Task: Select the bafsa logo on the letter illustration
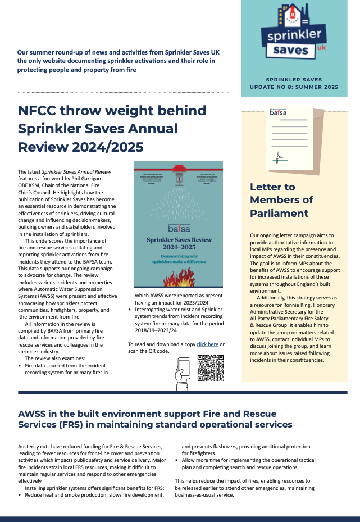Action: pyautogui.click(x=277, y=113)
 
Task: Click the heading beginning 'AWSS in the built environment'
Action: pyautogui.click(x=155, y=419)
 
